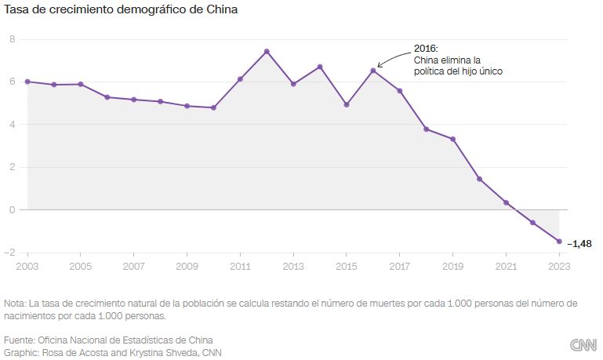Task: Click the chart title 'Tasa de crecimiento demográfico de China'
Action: [122, 10]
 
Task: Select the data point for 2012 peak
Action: [267, 52]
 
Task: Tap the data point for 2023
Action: [559, 242]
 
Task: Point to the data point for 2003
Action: [27, 82]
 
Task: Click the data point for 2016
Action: [373, 71]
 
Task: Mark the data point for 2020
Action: [479, 179]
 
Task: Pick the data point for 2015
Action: [347, 104]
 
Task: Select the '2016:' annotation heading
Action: [426, 48]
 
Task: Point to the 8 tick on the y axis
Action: [12, 38]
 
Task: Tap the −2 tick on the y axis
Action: [9, 253]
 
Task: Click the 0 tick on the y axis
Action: [12, 209]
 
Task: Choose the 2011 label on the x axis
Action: [240, 266]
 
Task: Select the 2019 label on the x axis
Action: [452, 266]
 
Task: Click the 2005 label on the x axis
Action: [81, 266]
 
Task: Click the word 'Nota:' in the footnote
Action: [15, 303]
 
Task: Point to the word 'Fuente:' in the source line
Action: [20, 340]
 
